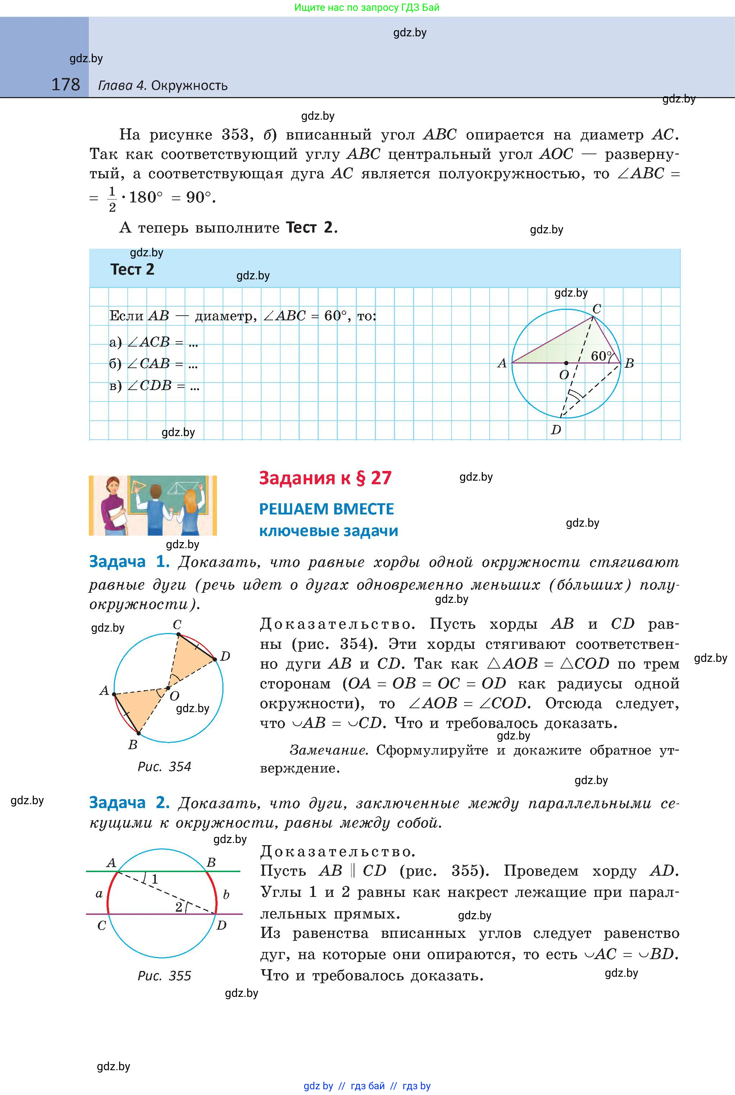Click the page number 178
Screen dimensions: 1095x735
point(65,85)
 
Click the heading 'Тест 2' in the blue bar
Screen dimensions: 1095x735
point(132,270)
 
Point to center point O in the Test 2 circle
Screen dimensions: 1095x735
point(566,363)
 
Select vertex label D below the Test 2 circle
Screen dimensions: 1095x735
point(556,430)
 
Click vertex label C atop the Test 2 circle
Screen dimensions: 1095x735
point(597,309)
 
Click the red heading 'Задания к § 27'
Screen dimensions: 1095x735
point(325,478)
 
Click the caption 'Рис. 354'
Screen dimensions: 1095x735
point(164,767)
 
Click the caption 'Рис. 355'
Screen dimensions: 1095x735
point(164,976)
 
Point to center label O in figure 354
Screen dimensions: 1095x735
point(174,696)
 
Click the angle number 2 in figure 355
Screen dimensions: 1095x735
point(178,907)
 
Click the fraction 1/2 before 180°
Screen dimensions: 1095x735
point(112,199)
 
